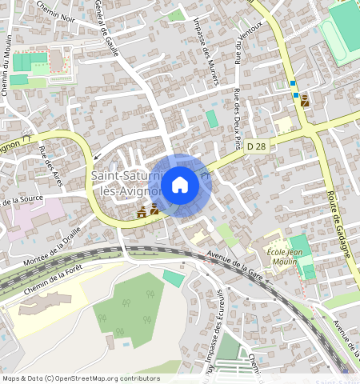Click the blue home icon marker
point(180,186)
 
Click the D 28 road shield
point(256,146)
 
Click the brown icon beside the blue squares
point(304,101)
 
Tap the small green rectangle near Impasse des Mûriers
point(211,118)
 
